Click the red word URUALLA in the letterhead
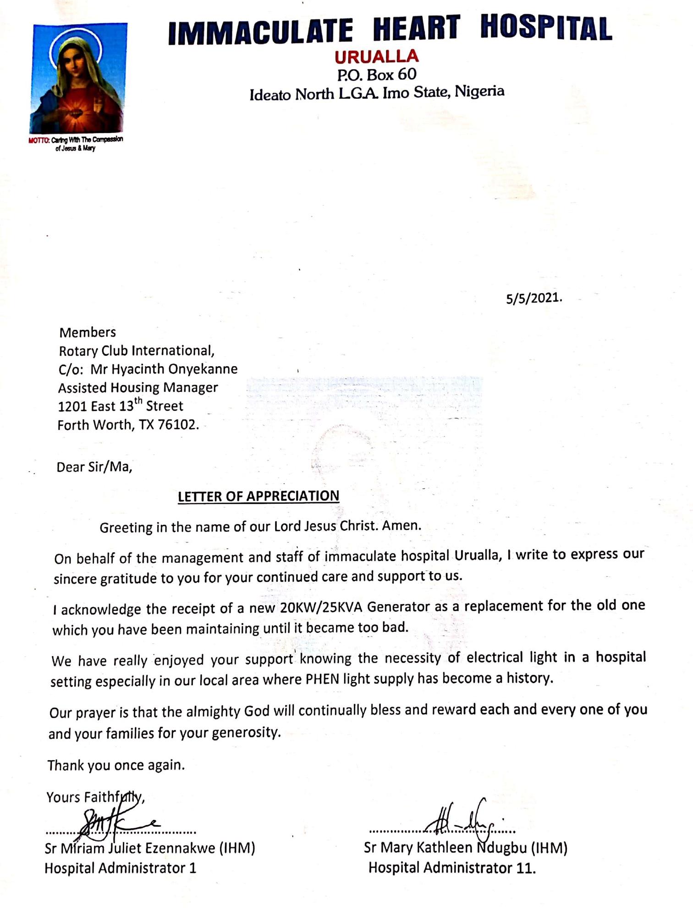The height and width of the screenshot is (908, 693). click(376, 56)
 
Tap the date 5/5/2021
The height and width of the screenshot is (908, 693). click(533, 298)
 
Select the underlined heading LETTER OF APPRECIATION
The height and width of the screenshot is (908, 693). click(258, 496)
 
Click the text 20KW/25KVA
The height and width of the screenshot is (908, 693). click(321, 607)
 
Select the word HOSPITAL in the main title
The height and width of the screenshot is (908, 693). click(546, 28)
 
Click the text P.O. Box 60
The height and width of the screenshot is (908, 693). click(377, 74)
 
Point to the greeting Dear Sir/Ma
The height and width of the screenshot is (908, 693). click(94, 467)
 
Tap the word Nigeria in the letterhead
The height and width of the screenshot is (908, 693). click(479, 91)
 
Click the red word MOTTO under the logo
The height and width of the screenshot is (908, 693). click(38, 140)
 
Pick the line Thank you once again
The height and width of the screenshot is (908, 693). click(116, 765)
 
